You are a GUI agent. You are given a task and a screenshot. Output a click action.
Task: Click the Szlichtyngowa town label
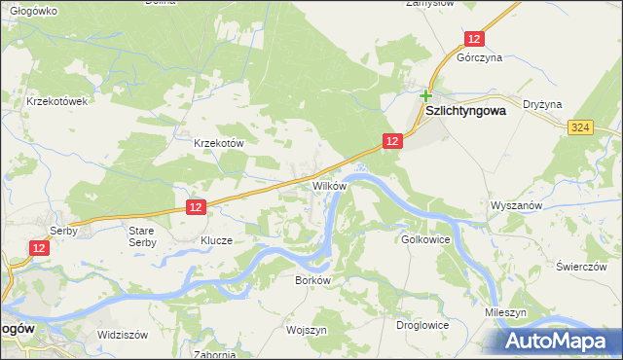[470, 111]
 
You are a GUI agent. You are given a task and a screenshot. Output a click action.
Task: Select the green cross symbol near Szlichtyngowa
[426, 95]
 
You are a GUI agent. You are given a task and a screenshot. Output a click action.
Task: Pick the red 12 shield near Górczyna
[473, 38]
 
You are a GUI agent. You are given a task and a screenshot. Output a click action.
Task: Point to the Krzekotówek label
[58, 101]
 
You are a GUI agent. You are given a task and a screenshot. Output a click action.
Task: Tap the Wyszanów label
[514, 207]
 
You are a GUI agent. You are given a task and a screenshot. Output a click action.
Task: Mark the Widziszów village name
[122, 334]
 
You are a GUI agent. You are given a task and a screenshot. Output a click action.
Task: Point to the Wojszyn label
[307, 330]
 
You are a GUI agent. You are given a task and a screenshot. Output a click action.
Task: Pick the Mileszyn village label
[506, 313]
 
